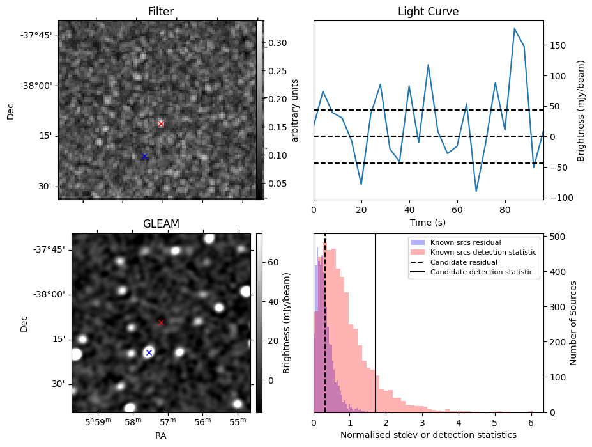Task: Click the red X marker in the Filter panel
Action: pyautogui.click(x=161, y=123)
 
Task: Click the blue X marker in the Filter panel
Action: pyautogui.click(x=144, y=156)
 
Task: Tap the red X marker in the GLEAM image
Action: pyautogui.click(x=161, y=322)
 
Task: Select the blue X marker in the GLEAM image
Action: pyautogui.click(x=149, y=352)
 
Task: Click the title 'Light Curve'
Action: pyautogui.click(x=428, y=12)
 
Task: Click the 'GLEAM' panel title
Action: pyautogui.click(x=161, y=224)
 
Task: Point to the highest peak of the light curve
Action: pyautogui.click(x=514, y=29)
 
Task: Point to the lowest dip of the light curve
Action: pyautogui.click(x=476, y=191)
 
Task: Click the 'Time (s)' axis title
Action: pyautogui.click(x=428, y=222)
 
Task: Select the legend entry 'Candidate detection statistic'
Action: pyautogui.click(x=483, y=272)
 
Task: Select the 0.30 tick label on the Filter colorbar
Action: pyautogui.click(x=277, y=43)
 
